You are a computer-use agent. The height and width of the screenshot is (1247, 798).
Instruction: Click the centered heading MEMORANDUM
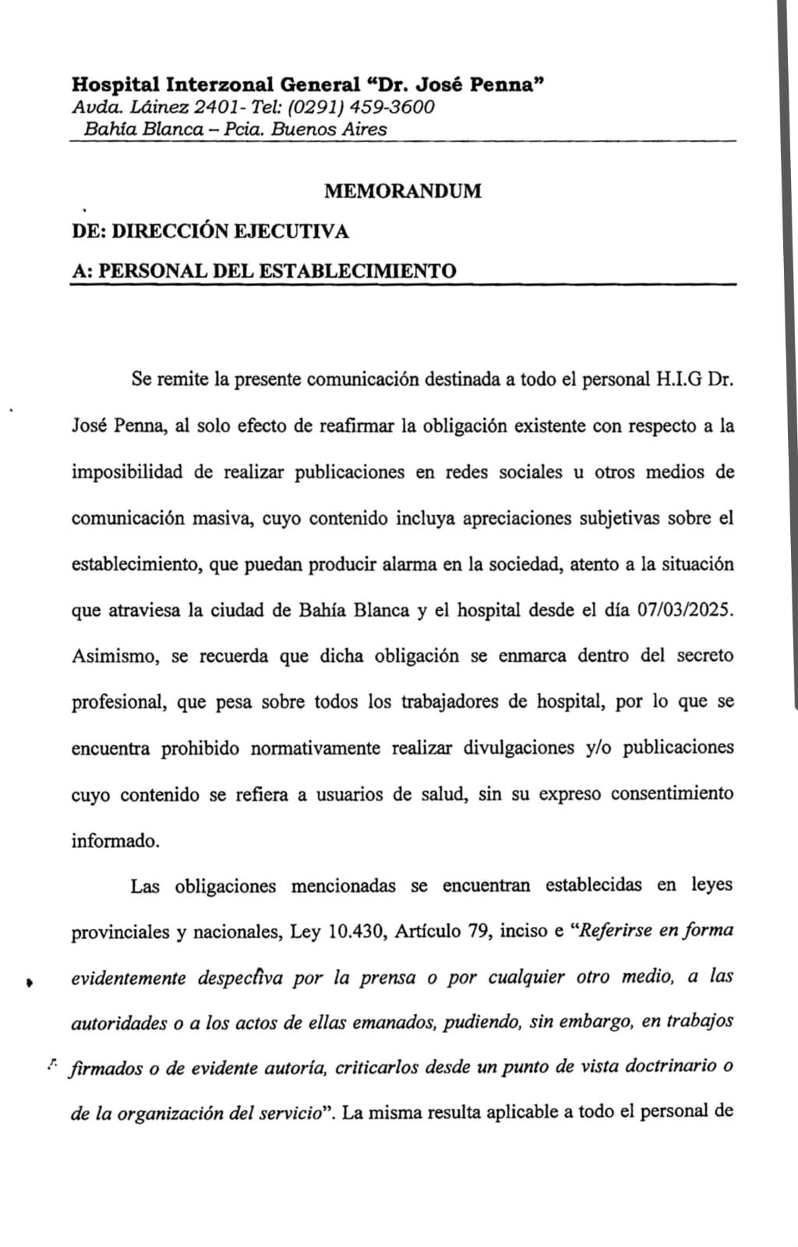click(402, 191)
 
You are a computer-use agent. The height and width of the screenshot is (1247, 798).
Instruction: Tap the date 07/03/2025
click(686, 610)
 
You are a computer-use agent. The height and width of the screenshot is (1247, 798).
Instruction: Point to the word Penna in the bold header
click(506, 84)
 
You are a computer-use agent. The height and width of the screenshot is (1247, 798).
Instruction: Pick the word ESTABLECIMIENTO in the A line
click(357, 271)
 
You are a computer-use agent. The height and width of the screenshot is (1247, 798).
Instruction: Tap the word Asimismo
click(116, 656)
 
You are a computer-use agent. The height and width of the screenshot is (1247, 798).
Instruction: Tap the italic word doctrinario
click(673, 1068)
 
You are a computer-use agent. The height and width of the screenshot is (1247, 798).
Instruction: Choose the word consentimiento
click(671, 794)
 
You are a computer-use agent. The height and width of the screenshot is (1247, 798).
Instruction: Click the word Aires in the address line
click(365, 129)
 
